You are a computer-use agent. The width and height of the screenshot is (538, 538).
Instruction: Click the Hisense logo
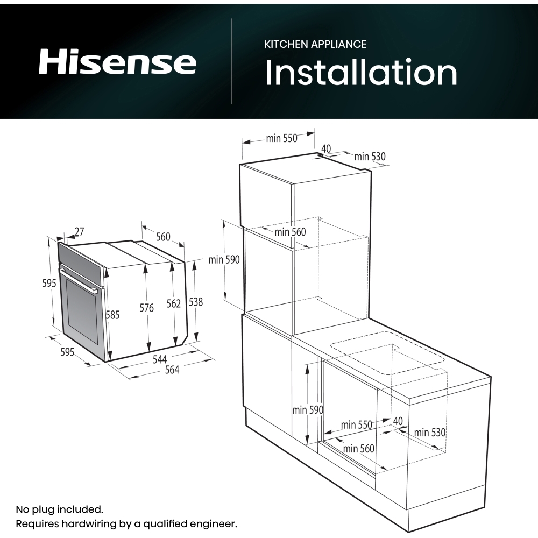[x=117, y=62]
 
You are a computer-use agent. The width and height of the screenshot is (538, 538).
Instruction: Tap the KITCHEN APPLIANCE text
[x=315, y=44]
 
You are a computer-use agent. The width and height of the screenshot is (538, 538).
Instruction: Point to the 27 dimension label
[x=79, y=232]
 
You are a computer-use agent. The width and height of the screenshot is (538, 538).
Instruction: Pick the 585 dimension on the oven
[x=112, y=315]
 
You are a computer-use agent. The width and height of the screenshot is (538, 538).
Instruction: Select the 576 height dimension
[x=146, y=308]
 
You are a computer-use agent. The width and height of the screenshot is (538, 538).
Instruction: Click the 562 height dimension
[x=173, y=304]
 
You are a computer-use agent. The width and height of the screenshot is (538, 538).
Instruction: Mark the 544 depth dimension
[x=160, y=359]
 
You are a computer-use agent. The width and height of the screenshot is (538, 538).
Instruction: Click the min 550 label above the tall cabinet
[x=281, y=138]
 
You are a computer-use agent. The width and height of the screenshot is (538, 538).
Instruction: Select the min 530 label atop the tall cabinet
[x=370, y=157]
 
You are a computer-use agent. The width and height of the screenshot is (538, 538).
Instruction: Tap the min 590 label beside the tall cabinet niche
[x=224, y=260]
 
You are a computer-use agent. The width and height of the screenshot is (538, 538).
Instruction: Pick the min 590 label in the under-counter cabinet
[x=307, y=410]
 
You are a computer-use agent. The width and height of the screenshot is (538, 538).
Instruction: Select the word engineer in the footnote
[x=213, y=523]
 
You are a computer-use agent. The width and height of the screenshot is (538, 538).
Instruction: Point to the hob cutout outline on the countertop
[x=388, y=358]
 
